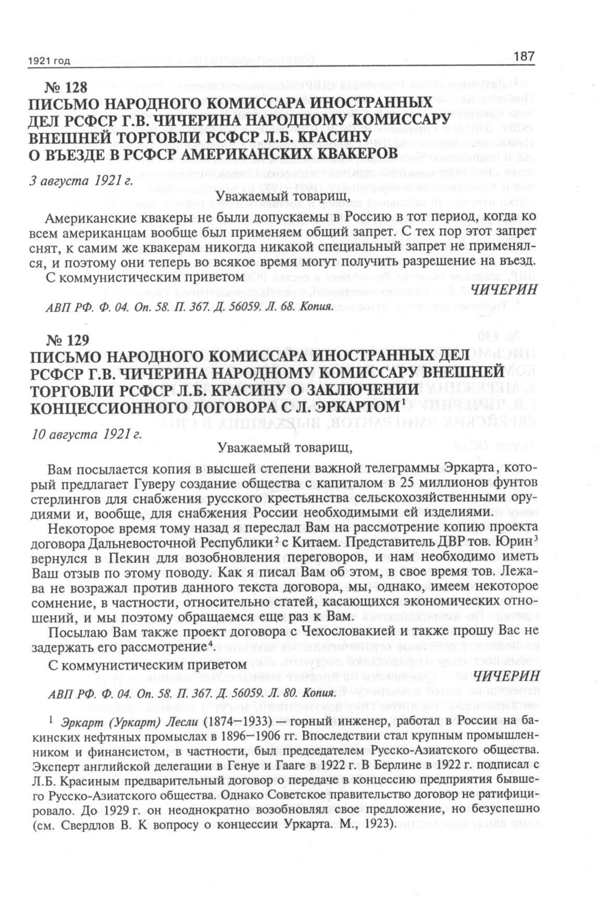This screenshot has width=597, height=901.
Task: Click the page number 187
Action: [x=524, y=56]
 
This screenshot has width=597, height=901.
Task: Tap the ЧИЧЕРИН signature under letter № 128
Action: [x=503, y=290]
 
